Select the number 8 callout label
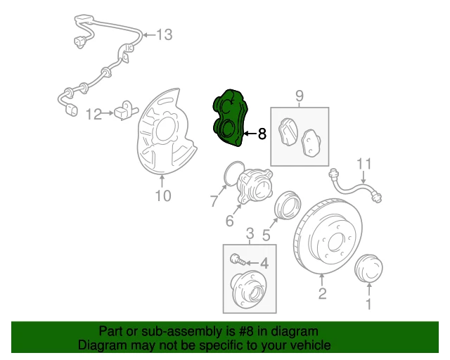point(262,134)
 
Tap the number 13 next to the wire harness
point(163,34)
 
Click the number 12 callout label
point(94,112)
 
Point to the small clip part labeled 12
point(124,110)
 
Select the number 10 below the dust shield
point(162,196)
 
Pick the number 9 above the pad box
point(299,95)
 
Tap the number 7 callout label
point(214,202)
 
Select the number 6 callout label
point(229,222)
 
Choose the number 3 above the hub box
point(249,233)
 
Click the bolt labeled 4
point(238,261)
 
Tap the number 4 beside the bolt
point(264,264)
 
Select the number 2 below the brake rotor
point(322,294)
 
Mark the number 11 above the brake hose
point(362,165)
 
